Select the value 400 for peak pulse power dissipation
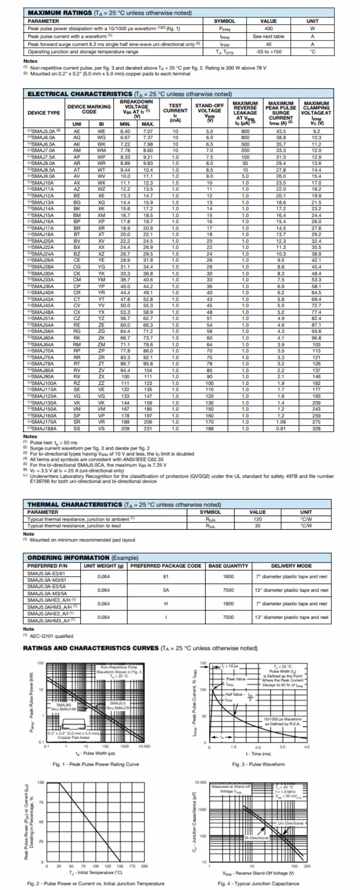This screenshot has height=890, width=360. pos(268,28)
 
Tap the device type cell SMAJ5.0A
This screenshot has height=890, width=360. pos(44,131)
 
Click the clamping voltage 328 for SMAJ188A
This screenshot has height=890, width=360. pos(317,428)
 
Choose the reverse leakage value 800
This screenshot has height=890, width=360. pos(245,131)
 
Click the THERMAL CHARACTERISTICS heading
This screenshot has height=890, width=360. pos(75,505)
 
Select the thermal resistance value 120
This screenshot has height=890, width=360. pos(258,519)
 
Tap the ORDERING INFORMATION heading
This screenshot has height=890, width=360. pos(68,558)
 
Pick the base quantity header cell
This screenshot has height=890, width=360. pos(228,566)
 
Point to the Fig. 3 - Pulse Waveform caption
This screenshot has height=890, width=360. pos(258,764)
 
